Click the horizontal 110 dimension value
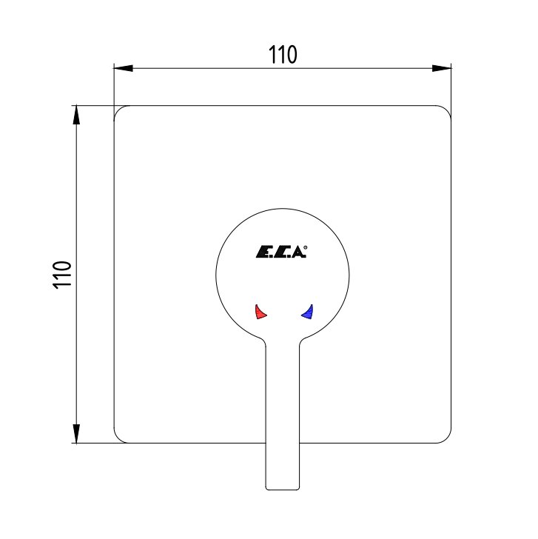pos(283,55)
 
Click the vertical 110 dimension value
pos(62,275)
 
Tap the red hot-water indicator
pos(260,312)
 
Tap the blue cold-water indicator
pos(307,312)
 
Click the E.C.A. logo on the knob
pos(281,252)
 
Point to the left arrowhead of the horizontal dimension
pos(123,68)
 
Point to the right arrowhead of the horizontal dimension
pos(442,68)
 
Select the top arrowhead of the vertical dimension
pos(76,115)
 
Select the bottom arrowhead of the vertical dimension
pos(76,433)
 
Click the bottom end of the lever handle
pos(283,489)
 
